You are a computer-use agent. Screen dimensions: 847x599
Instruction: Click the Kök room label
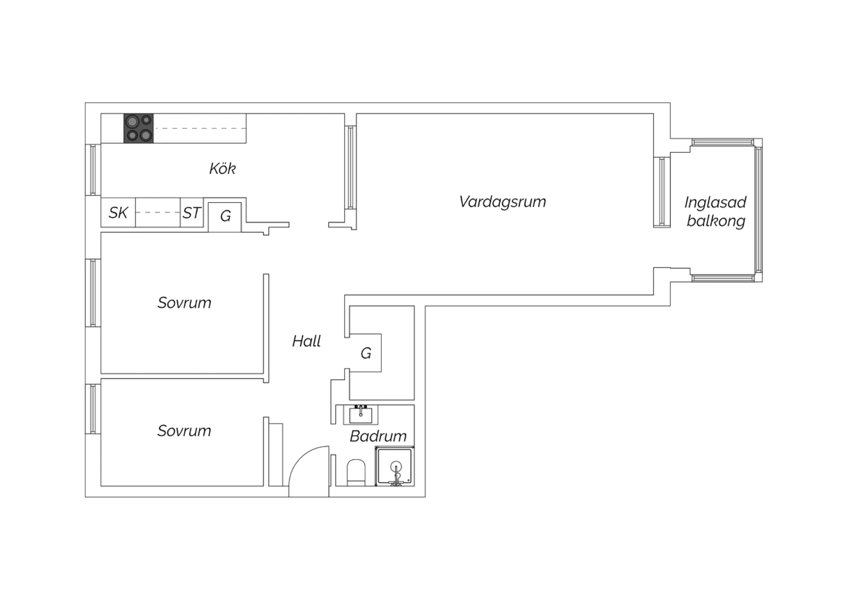click(222, 168)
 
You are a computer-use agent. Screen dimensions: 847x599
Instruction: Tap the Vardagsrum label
click(503, 202)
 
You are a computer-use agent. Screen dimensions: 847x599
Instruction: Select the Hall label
click(306, 341)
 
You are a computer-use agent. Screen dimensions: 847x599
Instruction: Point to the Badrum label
click(378, 436)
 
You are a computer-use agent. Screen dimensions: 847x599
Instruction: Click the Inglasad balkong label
click(715, 211)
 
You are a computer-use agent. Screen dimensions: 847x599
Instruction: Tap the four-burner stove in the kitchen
click(139, 128)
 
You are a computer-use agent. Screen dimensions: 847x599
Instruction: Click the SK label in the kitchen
click(118, 212)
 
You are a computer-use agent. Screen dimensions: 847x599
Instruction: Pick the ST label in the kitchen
click(191, 212)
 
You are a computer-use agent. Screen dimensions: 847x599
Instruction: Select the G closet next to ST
click(225, 217)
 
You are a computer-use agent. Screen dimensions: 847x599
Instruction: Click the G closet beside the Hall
click(365, 353)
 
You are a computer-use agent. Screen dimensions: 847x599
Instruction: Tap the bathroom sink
click(360, 415)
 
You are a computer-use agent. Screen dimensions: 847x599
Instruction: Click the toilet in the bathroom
click(356, 472)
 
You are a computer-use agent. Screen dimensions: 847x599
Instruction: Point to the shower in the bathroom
click(395, 466)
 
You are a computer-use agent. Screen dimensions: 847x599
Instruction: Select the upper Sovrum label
click(184, 303)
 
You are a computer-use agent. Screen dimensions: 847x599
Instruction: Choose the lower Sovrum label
click(184, 431)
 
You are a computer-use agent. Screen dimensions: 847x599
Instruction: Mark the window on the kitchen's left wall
click(93, 170)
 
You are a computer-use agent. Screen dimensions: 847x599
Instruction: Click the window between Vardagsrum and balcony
click(662, 192)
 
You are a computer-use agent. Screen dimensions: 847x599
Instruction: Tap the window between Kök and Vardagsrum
click(351, 167)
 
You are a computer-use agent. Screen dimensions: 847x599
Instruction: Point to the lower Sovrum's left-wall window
click(93, 409)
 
